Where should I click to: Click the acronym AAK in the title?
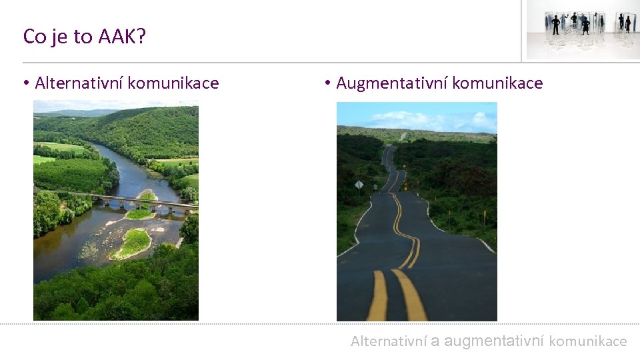click(x=117, y=37)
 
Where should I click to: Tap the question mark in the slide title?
click(x=141, y=37)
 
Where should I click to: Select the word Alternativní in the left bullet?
click(x=79, y=83)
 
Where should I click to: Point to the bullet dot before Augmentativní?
click(x=328, y=83)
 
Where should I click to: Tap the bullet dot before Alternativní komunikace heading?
click(x=26, y=83)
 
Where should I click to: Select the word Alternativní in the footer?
click(x=389, y=341)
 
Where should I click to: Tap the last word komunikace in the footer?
click(x=588, y=341)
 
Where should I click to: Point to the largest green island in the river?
click(x=133, y=243)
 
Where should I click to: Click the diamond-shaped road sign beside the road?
click(x=359, y=185)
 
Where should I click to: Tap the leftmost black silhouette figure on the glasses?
click(x=555, y=25)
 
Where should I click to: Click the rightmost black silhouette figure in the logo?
click(x=627, y=24)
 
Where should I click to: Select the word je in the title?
click(x=58, y=37)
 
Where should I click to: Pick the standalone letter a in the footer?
click(x=435, y=341)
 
